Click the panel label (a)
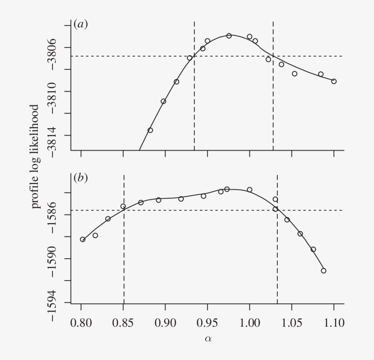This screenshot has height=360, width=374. (x=81, y=25)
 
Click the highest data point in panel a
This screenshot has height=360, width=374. (x=229, y=36)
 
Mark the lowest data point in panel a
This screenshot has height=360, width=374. (x=150, y=130)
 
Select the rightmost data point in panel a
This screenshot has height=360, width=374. (x=334, y=81)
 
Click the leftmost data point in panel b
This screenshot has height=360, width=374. (x=83, y=239)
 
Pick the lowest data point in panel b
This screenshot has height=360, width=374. (x=323, y=271)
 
